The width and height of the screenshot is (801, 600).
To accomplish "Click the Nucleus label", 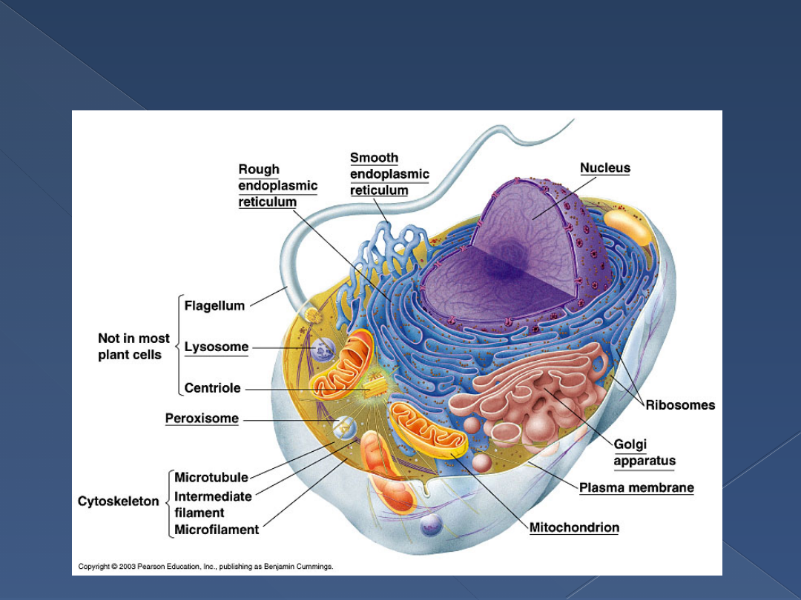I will (604, 168).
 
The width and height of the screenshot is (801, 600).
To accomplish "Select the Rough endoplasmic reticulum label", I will (277, 186).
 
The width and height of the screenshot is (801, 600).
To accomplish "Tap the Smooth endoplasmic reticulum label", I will (389, 174).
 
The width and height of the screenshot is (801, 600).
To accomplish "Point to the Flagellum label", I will (214, 305).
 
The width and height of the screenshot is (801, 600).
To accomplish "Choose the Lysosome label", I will (216, 347).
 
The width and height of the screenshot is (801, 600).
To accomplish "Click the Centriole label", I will (212, 388).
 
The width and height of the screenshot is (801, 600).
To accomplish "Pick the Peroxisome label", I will (202, 419).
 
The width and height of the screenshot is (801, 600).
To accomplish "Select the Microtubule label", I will (211, 478).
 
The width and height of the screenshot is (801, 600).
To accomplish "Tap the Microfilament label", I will (217, 530).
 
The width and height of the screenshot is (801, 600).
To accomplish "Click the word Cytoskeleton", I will (119, 501).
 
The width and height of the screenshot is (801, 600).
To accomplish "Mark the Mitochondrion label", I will (574, 528).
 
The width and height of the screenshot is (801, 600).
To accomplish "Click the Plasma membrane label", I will (636, 487).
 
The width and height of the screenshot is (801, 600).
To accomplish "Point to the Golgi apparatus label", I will (644, 453).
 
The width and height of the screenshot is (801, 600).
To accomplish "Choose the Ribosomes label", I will (680, 405).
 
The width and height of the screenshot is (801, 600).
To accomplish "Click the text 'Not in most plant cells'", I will (133, 347).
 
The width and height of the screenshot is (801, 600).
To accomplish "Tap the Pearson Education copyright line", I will (206, 567).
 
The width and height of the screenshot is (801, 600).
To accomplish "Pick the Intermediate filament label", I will (213, 504).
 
